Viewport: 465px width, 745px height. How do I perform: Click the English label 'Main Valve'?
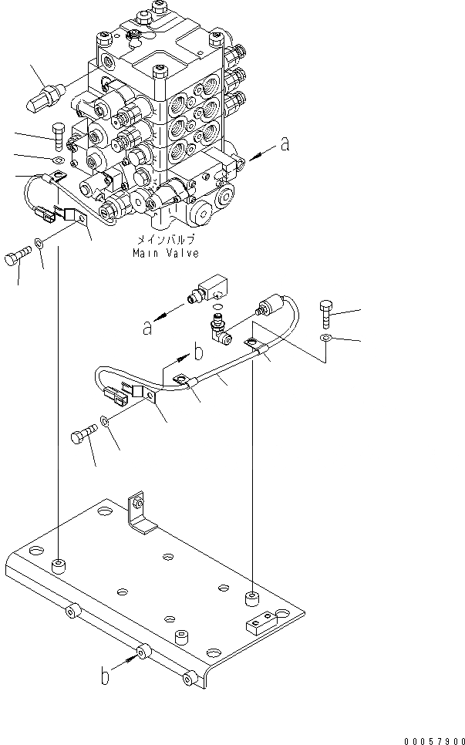click(165, 253)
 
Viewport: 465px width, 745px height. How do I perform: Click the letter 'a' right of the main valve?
click(285, 143)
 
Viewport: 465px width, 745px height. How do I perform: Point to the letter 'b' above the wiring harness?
click(197, 353)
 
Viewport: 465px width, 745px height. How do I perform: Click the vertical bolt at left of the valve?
click(61, 135)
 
